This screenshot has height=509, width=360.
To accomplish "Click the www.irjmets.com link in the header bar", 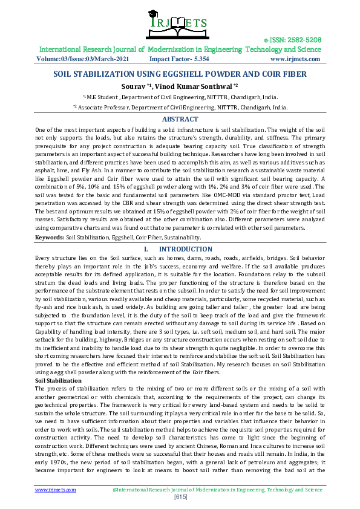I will click(x=295, y=59).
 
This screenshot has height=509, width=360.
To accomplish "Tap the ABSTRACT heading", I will click(x=180, y=119).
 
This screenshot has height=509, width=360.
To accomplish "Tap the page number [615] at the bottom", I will click(x=180, y=496).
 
